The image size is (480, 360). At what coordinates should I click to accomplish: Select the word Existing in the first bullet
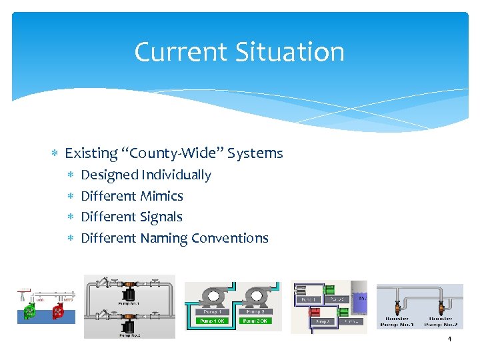(91, 153)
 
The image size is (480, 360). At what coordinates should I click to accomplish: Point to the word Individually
(176, 175)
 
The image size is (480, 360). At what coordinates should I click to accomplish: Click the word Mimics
(161, 196)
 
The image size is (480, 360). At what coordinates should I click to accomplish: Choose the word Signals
(161, 217)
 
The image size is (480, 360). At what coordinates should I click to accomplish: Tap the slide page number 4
(449, 339)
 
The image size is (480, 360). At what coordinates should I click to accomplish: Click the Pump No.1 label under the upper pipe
(129, 303)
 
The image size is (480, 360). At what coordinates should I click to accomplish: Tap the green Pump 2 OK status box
(255, 321)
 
